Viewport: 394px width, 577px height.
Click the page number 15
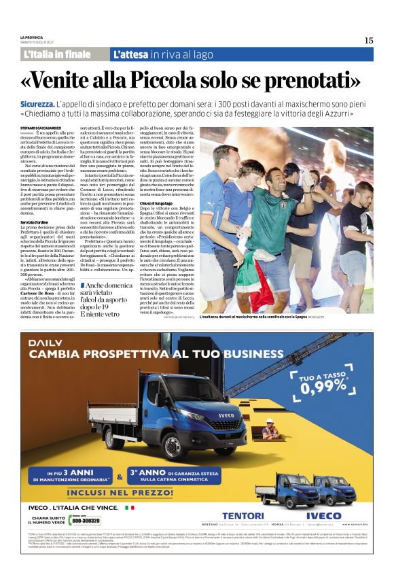pos(369,40)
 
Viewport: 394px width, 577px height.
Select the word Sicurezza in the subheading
pos(46,103)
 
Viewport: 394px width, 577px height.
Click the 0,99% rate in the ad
pos(323,387)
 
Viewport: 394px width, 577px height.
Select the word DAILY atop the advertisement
pos(43,342)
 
